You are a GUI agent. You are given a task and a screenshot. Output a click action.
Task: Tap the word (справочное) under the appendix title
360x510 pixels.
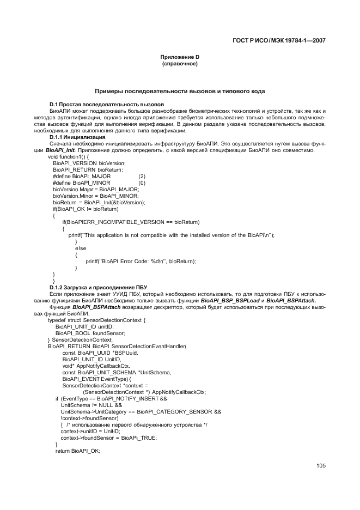click(x=179, y=64)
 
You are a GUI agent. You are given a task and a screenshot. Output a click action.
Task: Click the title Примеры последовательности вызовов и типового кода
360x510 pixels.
click(x=180, y=91)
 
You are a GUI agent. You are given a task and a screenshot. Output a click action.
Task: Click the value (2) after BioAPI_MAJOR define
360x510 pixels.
click(x=142, y=177)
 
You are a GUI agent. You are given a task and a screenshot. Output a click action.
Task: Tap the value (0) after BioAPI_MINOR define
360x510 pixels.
click(x=142, y=183)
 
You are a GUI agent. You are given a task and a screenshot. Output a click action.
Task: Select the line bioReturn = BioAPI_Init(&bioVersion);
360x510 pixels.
click(x=99, y=202)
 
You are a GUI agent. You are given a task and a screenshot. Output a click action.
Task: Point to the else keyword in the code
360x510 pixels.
click(x=81, y=248)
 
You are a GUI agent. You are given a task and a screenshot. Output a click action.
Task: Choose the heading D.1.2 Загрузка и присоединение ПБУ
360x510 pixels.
click(x=98, y=287)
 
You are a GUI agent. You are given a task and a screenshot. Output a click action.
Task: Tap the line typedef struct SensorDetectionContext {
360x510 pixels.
click(x=89, y=320)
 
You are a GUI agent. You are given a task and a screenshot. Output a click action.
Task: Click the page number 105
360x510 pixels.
click(x=320, y=465)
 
